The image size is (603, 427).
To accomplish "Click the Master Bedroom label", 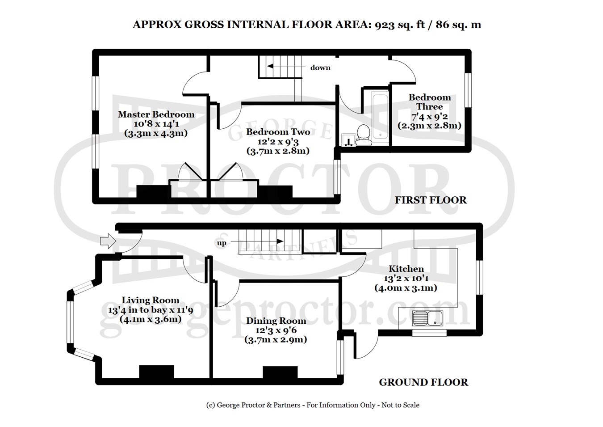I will tap(156, 114).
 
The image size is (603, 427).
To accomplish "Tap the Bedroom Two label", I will tap(278, 132).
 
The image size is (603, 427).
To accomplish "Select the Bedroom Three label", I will tap(430, 102).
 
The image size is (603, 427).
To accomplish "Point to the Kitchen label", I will tap(406, 269).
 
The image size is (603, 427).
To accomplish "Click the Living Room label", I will tap(151, 300).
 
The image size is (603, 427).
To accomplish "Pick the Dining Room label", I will tap(276, 321).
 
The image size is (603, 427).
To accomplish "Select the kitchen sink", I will tap(427, 319).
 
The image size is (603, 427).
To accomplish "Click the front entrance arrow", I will tap(107, 242).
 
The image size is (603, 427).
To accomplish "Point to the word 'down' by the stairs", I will tap(320, 68).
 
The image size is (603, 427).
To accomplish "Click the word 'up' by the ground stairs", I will tap(222, 243).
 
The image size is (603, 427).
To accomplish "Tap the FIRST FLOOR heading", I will tap(431, 200).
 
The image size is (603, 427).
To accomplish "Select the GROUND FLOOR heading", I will tap(423, 382).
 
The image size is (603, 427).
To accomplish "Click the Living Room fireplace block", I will tap(156, 372).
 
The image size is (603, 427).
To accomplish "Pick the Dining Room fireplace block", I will tap(280, 373).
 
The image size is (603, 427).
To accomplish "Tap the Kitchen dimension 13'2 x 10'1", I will tap(406, 278).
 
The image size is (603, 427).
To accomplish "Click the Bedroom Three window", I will tap(468, 90).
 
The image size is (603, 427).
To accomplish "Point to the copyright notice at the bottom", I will tap(312, 405).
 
